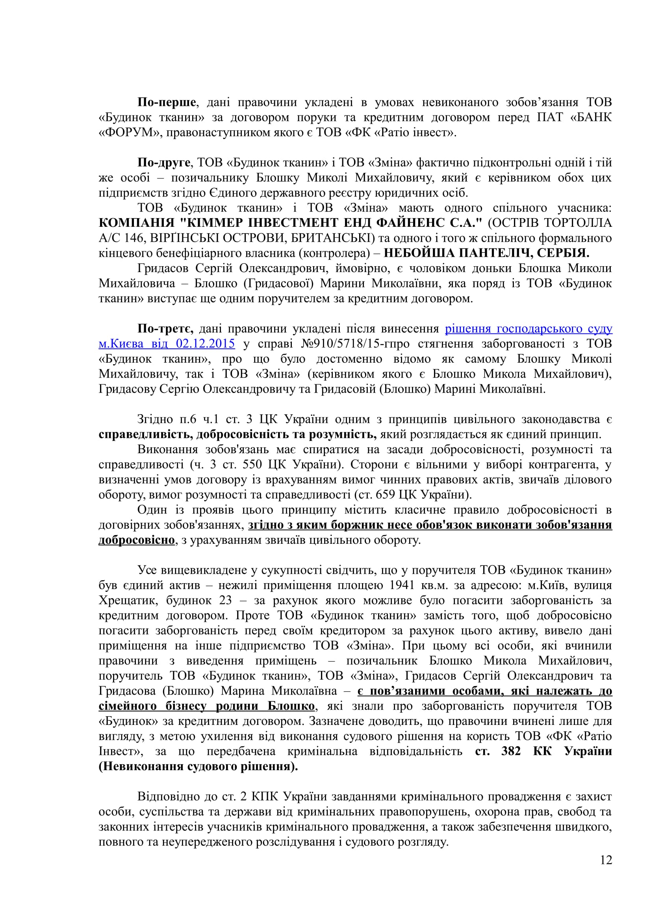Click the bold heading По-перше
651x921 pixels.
[166, 102]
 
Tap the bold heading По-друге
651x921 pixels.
[164, 163]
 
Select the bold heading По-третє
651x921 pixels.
[165, 328]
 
